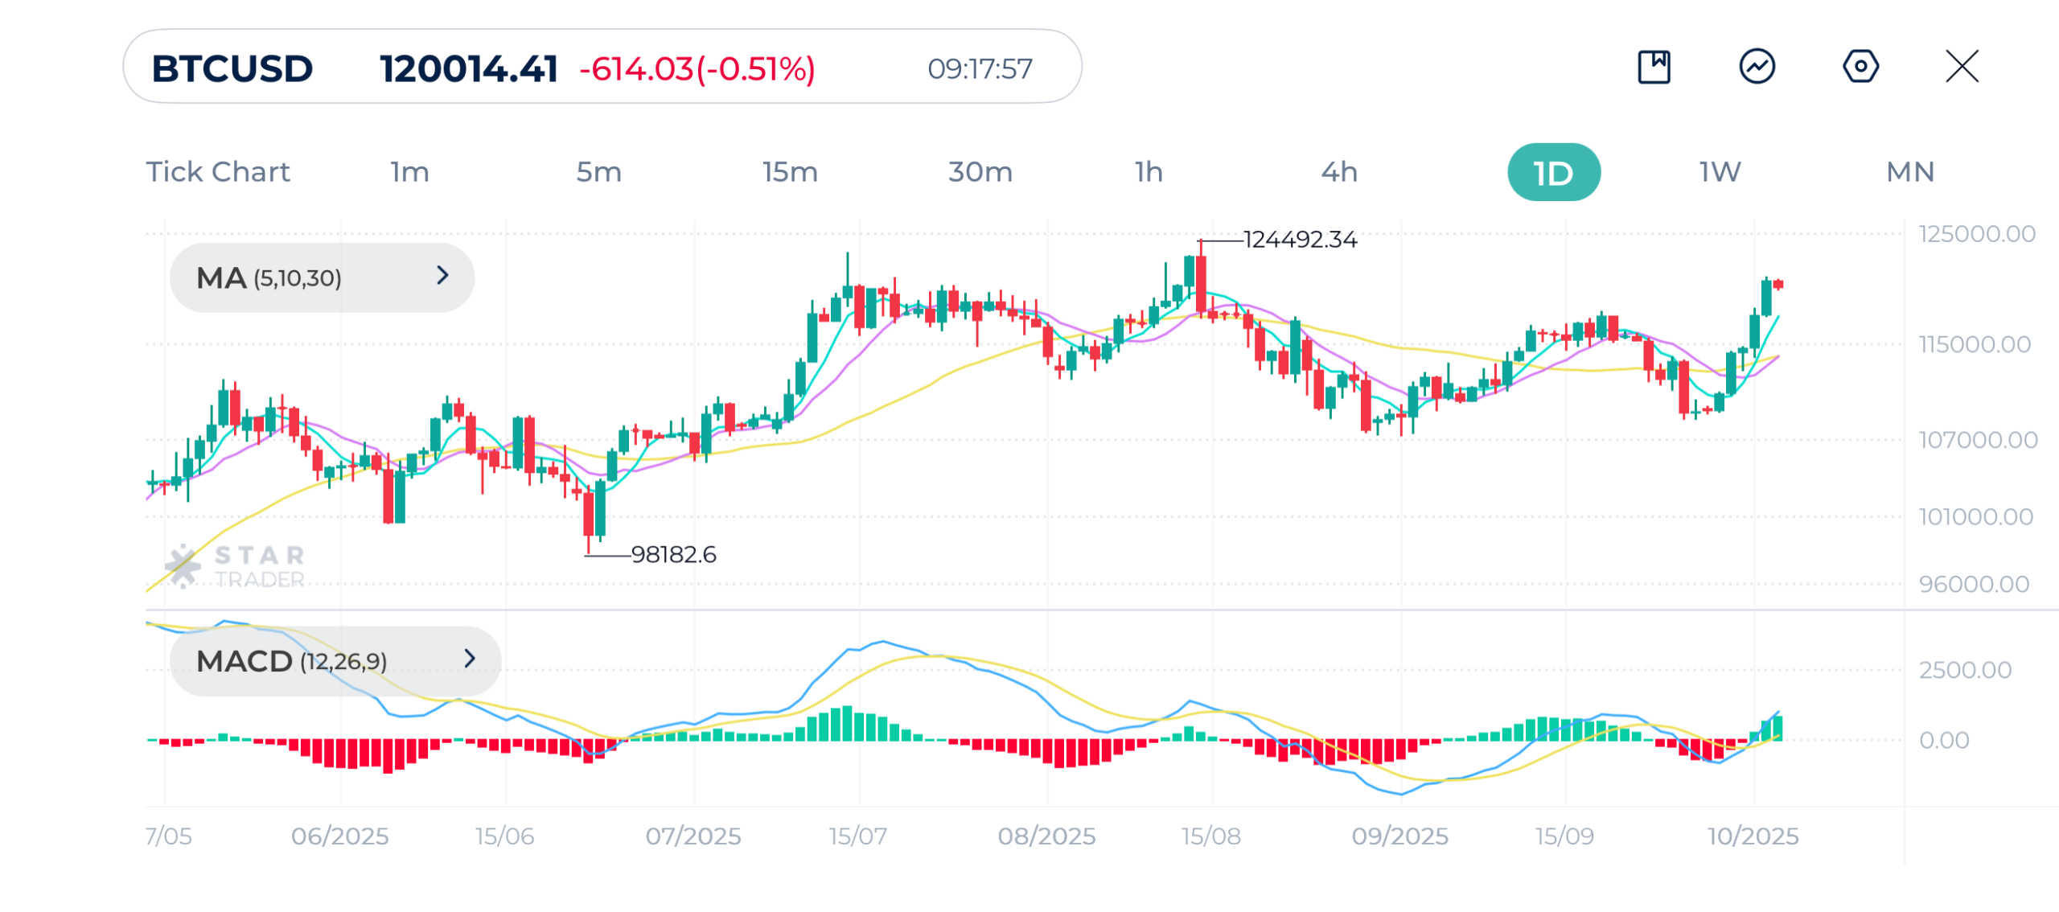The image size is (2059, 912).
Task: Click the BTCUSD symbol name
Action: (x=232, y=68)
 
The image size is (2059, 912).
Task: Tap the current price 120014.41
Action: (x=468, y=68)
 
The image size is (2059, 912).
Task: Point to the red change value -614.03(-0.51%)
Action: (x=697, y=68)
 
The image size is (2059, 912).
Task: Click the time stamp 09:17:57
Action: (x=979, y=69)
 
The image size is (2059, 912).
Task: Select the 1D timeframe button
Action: (x=1552, y=172)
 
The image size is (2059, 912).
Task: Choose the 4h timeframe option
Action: (x=1338, y=172)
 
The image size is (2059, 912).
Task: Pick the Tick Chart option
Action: (x=217, y=172)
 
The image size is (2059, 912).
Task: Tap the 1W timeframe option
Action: (x=1720, y=172)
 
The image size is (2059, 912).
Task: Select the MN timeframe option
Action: (x=1909, y=172)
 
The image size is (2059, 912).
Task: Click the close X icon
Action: (x=1962, y=66)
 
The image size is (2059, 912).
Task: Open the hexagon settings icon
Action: (x=1860, y=66)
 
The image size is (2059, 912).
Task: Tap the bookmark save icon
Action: (x=1654, y=66)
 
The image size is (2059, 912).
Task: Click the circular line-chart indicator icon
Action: (x=1757, y=66)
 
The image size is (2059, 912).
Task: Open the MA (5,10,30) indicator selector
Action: (x=322, y=277)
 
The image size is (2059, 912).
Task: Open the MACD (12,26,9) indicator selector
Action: (x=335, y=661)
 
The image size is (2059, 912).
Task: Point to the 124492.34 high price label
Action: (x=1300, y=240)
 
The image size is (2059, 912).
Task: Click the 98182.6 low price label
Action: (x=673, y=554)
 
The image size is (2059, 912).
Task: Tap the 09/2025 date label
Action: (x=1399, y=836)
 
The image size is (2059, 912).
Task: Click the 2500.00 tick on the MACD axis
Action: (x=1964, y=670)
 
